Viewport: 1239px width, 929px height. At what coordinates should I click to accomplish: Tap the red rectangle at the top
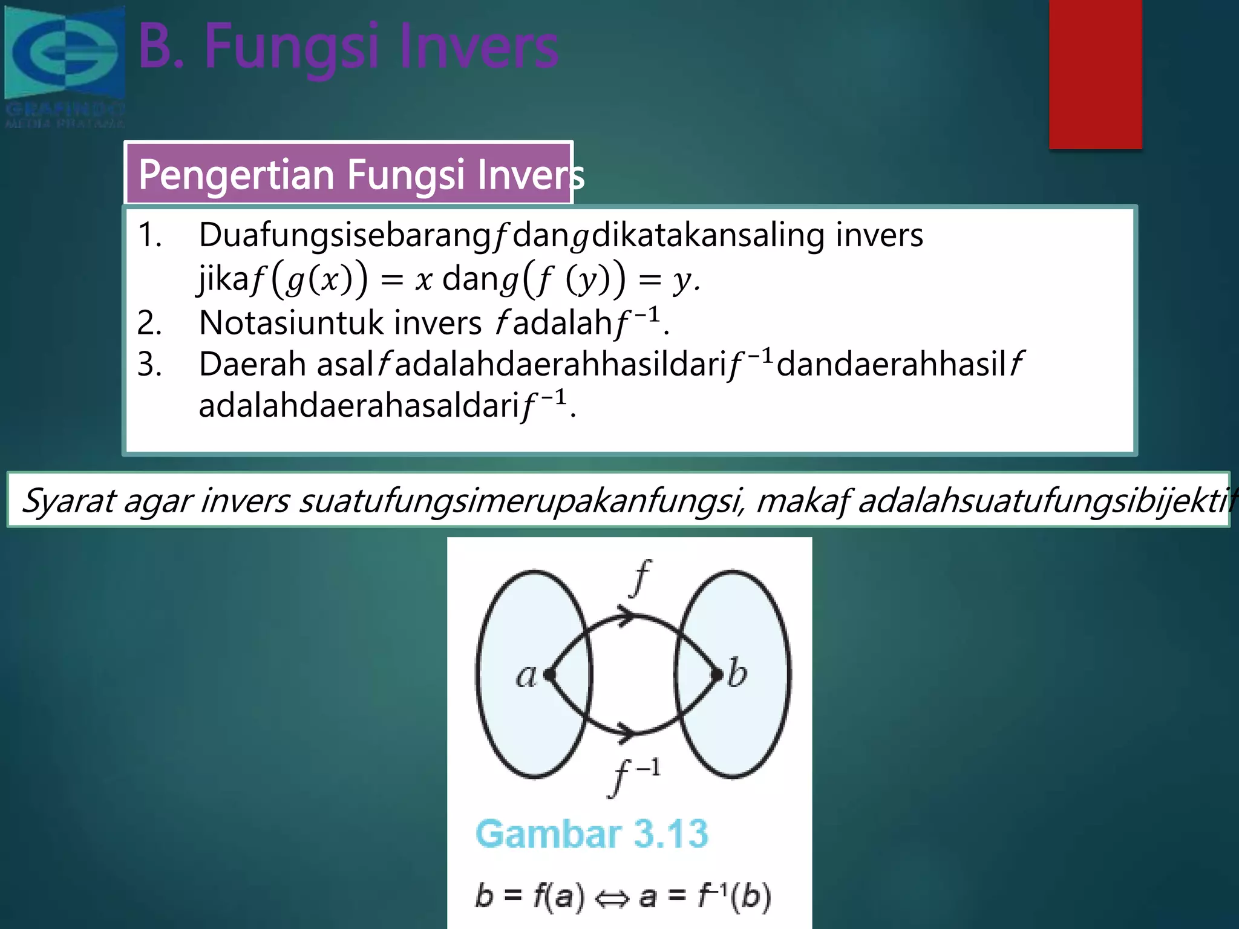pos(1095,74)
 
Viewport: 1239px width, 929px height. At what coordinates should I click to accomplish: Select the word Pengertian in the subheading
pos(237,175)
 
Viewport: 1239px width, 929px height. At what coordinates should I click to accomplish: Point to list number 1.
pos(149,235)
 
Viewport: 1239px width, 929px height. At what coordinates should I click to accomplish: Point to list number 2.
pos(149,323)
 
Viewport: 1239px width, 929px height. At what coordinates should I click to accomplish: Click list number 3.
pos(149,365)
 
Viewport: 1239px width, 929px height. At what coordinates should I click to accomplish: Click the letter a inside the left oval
pos(526,676)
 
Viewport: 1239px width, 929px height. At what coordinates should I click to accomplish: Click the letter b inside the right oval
pos(737,673)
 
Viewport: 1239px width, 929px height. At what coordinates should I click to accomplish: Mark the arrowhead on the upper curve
pos(626,616)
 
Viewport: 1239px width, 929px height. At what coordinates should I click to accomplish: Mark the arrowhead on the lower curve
pos(626,731)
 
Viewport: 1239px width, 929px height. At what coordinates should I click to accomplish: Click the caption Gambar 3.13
pos(592,834)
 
